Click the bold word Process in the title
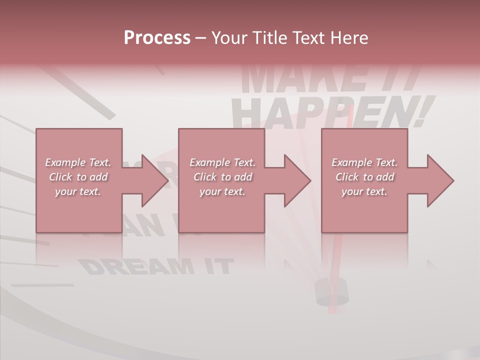point(157,38)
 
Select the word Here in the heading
point(348,38)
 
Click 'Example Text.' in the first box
point(78,162)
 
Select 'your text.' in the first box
point(78,191)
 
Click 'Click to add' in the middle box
point(222,177)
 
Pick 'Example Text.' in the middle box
point(222,162)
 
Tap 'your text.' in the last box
point(364,191)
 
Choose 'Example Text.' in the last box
point(364,162)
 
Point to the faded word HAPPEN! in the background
point(330,113)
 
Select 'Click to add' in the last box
point(364,177)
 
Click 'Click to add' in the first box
point(78,177)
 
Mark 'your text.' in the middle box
point(222,191)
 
